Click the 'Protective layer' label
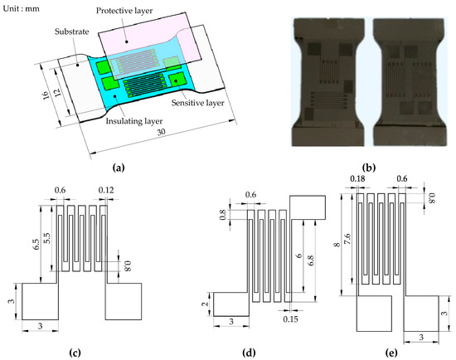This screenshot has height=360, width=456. pyautogui.click(x=124, y=11)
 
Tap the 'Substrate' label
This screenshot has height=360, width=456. pyautogui.click(x=72, y=32)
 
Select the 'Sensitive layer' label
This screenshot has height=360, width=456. pyautogui.click(x=198, y=103)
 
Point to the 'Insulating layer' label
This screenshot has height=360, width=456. pyautogui.click(x=134, y=121)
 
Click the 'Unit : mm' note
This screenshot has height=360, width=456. pyautogui.click(x=21, y=8)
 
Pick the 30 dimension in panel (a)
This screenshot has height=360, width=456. pyautogui.click(x=161, y=132)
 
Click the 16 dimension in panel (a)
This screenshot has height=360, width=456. pyautogui.click(x=46, y=95)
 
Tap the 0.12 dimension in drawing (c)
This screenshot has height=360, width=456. pyautogui.click(x=106, y=190)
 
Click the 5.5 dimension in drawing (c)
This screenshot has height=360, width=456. pyautogui.click(x=47, y=238)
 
